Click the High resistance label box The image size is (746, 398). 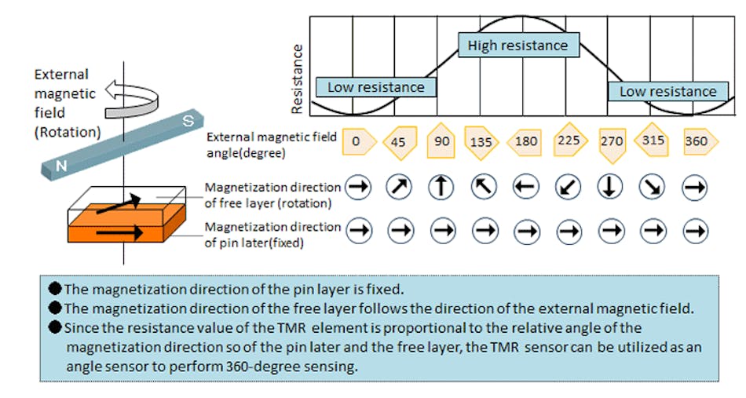(517, 46)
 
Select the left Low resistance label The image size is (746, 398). (375, 87)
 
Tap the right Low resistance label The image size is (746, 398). (667, 91)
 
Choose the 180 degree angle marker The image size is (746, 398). (525, 142)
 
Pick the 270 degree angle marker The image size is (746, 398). (611, 141)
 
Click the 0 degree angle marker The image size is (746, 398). (358, 142)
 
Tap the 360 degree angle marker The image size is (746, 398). (696, 142)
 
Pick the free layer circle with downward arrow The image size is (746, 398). (611, 187)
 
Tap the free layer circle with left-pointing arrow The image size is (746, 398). (525, 187)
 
